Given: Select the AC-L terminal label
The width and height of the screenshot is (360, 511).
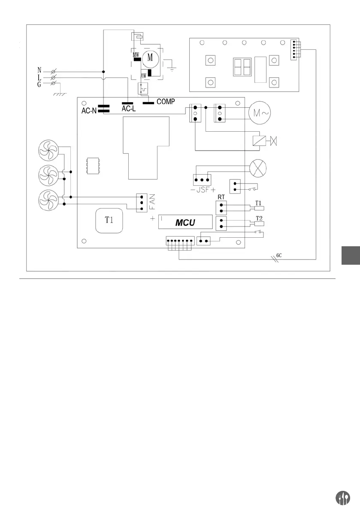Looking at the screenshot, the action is click(x=128, y=109).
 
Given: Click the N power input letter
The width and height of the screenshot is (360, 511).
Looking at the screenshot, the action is click(x=39, y=70).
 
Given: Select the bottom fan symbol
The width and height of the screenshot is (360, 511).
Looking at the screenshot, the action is click(x=47, y=200).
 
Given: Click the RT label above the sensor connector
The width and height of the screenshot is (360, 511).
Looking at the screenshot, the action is click(x=221, y=198).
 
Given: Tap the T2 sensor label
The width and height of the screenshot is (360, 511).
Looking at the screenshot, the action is click(x=259, y=218).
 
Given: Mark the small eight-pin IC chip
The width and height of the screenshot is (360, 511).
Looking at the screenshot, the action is click(x=92, y=166).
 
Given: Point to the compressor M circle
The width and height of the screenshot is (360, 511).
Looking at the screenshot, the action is click(x=150, y=57).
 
